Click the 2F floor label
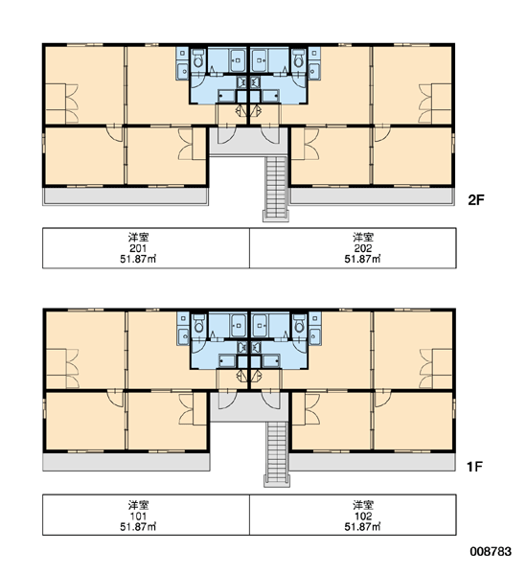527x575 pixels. (x=476, y=200)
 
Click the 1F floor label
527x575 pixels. (x=474, y=467)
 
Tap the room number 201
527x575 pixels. (x=138, y=248)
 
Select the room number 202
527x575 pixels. (x=363, y=248)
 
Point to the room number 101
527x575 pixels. (x=138, y=516)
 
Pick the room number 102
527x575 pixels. (x=363, y=516)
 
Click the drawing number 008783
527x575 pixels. (x=491, y=551)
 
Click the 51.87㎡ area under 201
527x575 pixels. (x=138, y=259)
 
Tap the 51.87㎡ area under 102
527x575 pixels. (x=363, y=526)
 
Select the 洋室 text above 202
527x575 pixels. (x=363, y=238)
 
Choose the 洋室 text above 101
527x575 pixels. (x=138, y=505)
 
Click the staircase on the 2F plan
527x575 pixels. (x=276, y=189)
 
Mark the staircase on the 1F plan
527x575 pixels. (x=277, y=454)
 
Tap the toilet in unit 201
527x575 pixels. (x=198, y=58)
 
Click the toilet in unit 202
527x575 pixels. (x=299, y=58)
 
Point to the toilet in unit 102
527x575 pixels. (x=299, y=324)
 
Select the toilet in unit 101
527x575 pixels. (x=198, y=324)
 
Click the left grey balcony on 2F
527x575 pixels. (x=126, y=196)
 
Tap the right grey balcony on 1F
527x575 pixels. (x=372, y=462)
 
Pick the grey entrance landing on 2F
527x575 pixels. (x=248, y=141)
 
